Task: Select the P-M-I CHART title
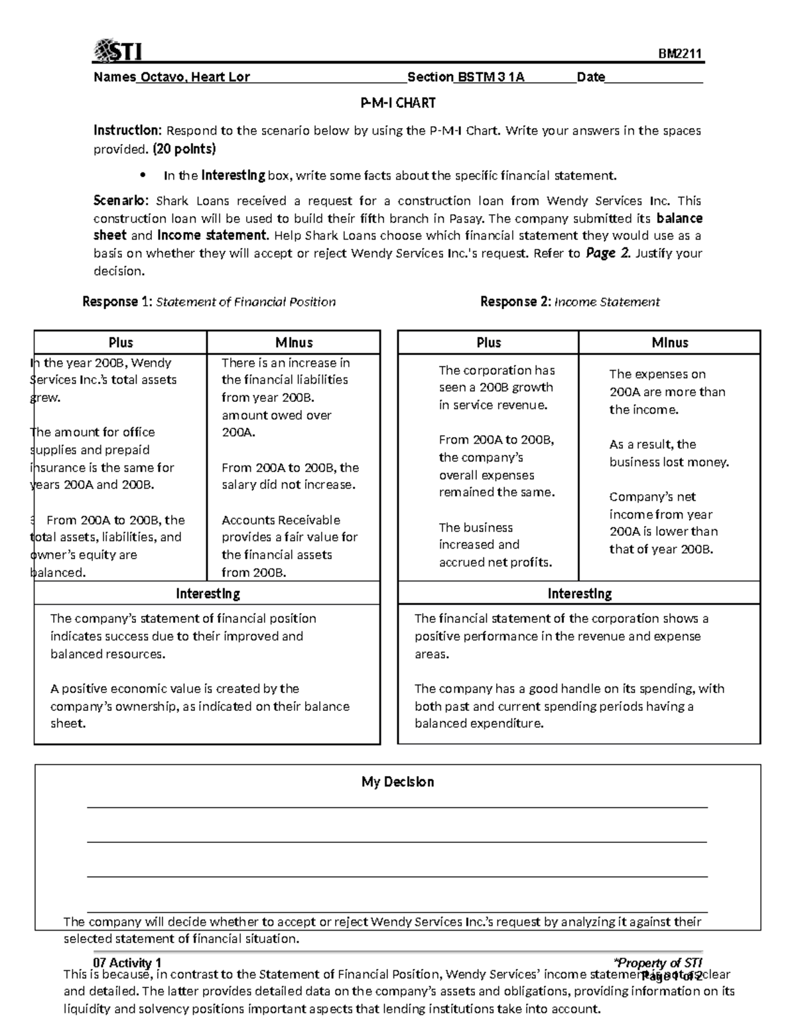tap(397, 103)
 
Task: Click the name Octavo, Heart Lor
tap(193, 77)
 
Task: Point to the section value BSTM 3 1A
tap(490, 77)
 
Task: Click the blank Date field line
tap(653, 78)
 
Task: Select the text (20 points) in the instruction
tap(184, 149)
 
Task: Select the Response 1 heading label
tap(117, 302)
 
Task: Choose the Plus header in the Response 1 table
tap(121, 342)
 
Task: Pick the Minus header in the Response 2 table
tap(669, 342)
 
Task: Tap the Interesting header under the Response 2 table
tap(579, 593)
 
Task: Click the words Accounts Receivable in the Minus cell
tap(281, 520)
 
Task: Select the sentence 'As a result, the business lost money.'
tap(669, 453)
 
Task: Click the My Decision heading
tap(397, 782)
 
